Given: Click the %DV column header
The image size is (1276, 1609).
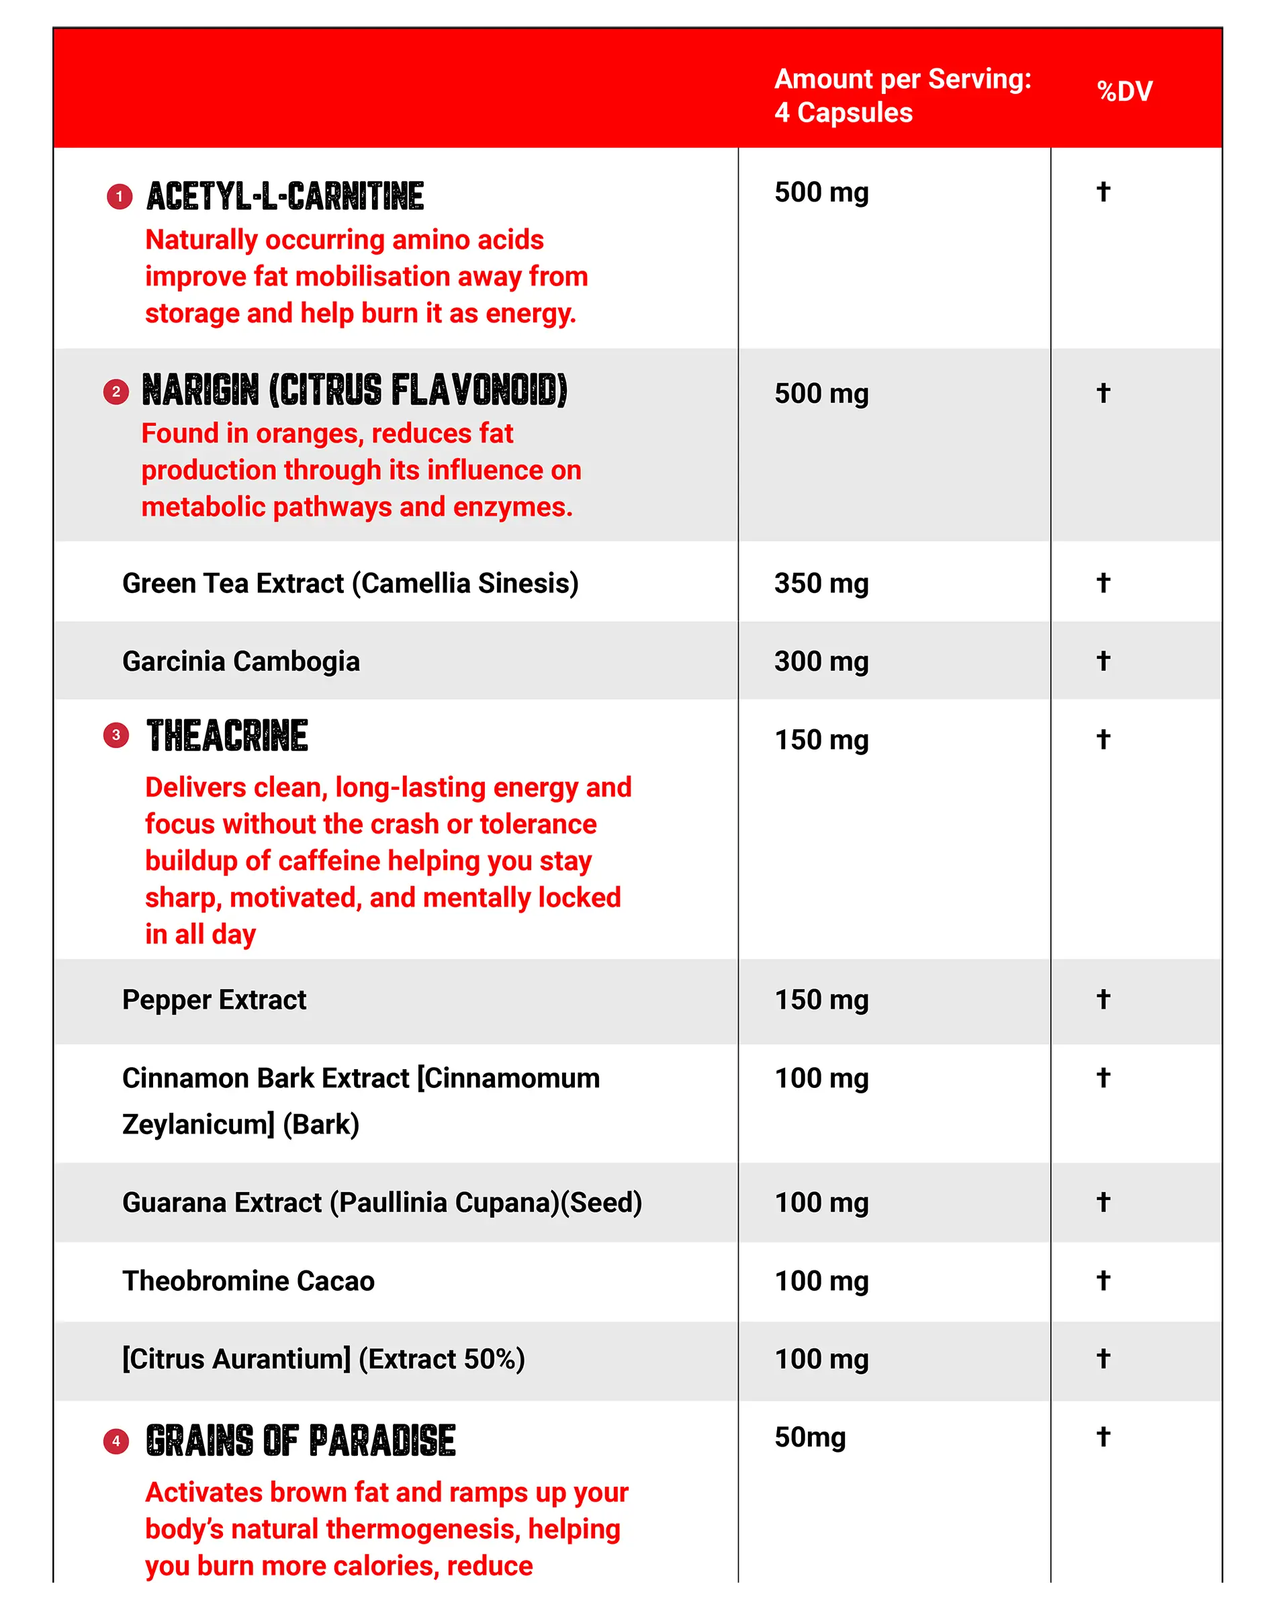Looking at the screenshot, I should coord(1124,91).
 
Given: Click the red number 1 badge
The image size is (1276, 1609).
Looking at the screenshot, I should coord(120,197).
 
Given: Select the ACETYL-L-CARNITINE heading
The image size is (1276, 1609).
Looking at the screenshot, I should coord(285,196).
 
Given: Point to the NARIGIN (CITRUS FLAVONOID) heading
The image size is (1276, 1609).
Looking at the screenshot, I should coord(355,389).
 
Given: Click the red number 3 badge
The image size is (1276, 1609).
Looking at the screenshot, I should coord(116,735).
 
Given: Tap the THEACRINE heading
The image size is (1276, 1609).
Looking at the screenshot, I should coord(227,736).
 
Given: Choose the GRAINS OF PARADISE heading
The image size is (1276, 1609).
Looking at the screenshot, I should coord(300,1440).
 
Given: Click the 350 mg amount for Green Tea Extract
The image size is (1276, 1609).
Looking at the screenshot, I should coord(821,583).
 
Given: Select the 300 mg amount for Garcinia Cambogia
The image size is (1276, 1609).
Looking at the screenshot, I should coord(821,661).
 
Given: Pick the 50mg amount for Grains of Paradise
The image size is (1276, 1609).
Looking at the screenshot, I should coord(810,1437).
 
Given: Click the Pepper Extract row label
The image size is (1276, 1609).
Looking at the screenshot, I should coord(214,999).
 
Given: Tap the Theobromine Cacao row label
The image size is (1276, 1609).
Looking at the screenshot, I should coord(248,1281).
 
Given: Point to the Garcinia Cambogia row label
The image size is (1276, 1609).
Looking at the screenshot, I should coord(241,661).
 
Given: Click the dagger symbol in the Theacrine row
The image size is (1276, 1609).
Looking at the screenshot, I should coord(1103,739).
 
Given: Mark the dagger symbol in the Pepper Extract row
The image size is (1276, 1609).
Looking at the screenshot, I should coord(1103,999).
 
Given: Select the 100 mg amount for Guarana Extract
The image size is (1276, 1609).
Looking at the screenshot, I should coord(821,1202).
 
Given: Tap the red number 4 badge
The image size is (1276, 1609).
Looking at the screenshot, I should coord(116,1441).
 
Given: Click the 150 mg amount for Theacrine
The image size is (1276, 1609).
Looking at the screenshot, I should coord(821,739).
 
